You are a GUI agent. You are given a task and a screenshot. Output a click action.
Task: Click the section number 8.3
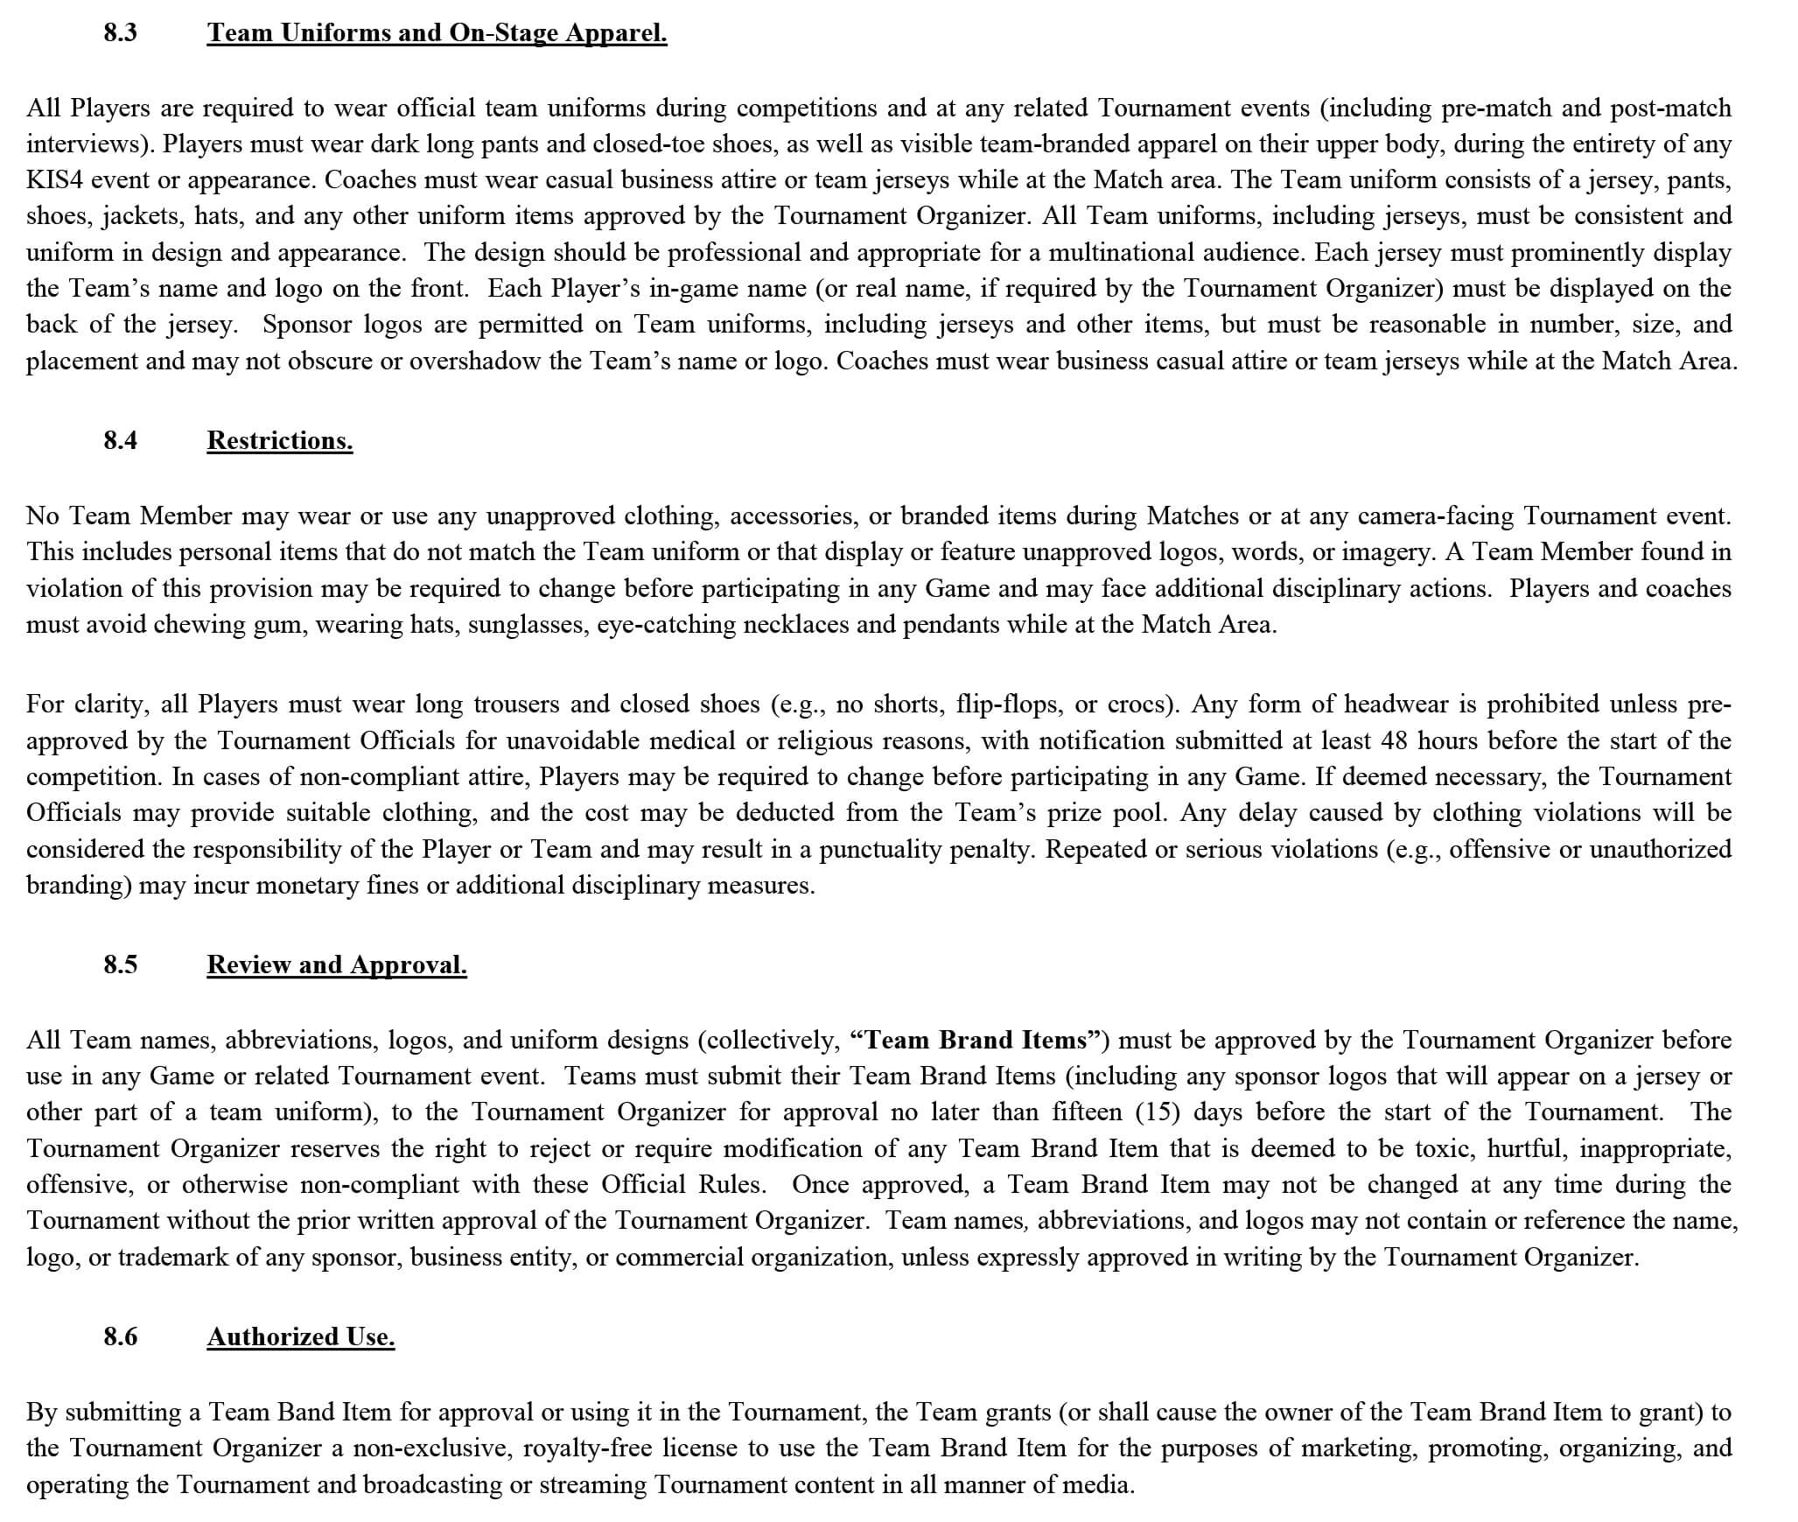[x=120, y=33]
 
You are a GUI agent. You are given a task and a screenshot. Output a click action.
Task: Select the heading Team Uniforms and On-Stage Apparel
[x=437, y=33]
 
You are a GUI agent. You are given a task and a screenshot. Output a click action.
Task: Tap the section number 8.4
[x=120, y=440]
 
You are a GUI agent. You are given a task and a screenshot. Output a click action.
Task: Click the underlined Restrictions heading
[x=279, y=440]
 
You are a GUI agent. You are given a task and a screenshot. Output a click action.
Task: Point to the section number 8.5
[x=120, y=964]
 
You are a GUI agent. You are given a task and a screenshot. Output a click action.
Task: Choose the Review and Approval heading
[x=337, y=964]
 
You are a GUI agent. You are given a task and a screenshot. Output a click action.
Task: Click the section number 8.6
[x=120, y=1336]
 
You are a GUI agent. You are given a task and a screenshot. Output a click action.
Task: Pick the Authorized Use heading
[x=301, y=1336]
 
